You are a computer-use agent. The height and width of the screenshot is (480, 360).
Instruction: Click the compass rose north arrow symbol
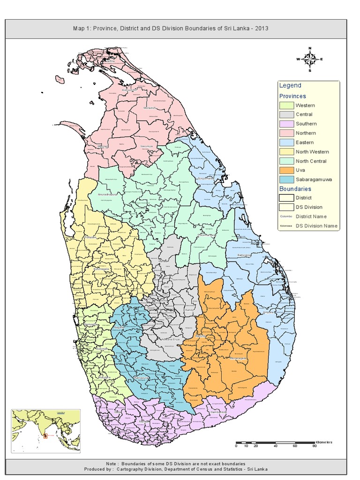coord(310,59)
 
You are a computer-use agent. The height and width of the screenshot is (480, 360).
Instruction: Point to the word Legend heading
coord(290,85)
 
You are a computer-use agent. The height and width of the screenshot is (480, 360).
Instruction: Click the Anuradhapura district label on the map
coord(106,194)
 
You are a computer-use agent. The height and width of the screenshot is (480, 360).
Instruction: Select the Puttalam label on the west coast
coord(90,237)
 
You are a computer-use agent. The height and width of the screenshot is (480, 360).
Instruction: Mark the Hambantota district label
coord(218,412)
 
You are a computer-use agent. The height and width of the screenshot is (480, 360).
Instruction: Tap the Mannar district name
coord(103,146)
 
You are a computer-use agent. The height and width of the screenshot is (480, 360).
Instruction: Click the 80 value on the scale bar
coord(315,446)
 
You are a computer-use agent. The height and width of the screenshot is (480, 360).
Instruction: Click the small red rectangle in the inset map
coord(45,436)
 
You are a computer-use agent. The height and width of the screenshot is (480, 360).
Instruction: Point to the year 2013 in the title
coord(260,29)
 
